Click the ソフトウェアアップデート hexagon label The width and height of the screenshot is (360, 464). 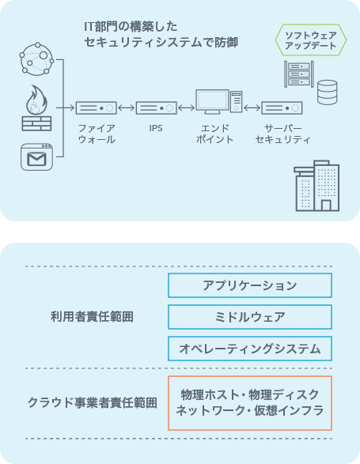pyautogui.click(x=310, y=40)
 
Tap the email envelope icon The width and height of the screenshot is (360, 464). pyautogui.click(x=36, y=157)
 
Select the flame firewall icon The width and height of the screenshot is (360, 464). pyautogui.click(x=36, y=108)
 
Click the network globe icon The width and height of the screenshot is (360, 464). pyautogui.click(x=36, y=58)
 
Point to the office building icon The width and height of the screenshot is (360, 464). pyautogui.click(x=316, y=186)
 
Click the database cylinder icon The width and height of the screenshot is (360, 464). pyautogui.click(x=327, y=92)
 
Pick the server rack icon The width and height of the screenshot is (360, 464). pyautogui.click(x=298, y=74)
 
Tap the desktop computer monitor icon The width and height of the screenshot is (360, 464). pyautogui.click(x=218, y=102)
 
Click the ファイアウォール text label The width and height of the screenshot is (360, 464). pyautogui.click(x=97, y=134)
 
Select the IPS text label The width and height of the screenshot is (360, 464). pyautogui.click(x=156, y=128)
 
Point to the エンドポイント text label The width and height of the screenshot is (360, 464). pyautogui.click(x=215, y=134)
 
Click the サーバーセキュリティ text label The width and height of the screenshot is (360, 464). pyautogui.click(x=282, y=134)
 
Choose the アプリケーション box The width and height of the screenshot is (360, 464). pyautogui.click(x=250, y=285)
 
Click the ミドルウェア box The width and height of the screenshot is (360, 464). pyautogui.click(x=250, y=317)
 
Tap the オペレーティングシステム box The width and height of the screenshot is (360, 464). pyautogui.click(x=250, y=349)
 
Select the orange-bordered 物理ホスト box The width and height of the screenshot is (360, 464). pyautogui.click(x=250, y=403)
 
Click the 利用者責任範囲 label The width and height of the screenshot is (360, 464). pyautogui.click(x=92, y=317)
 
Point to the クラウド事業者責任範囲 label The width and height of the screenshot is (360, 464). pyautogui.click(x=92, y=403)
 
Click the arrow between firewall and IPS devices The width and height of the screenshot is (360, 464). pyautogui.click(x=127, y=108)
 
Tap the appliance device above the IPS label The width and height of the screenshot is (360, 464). pyautogui.click(x=157, y=108)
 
